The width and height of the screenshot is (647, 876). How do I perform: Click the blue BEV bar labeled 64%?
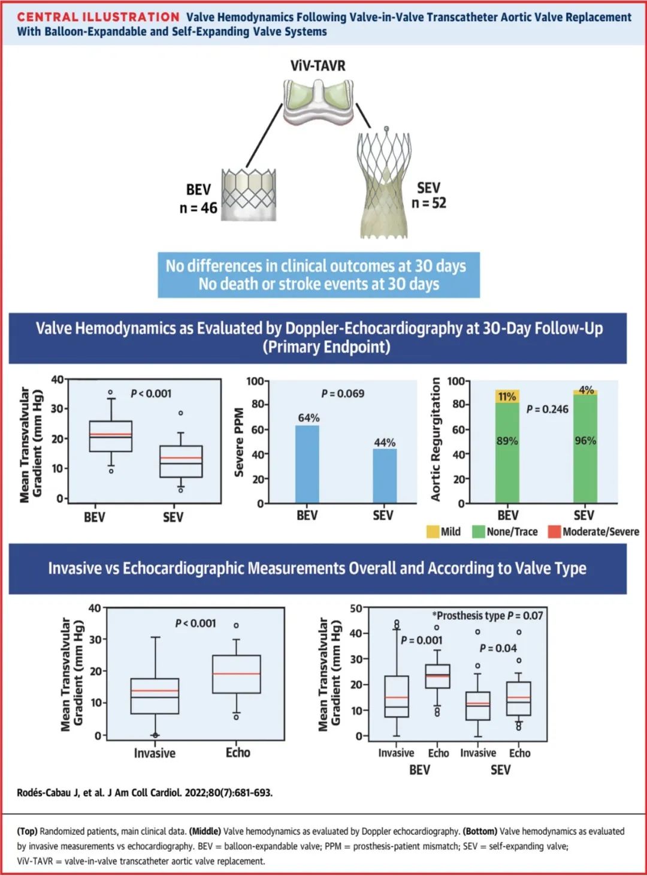[307, 463]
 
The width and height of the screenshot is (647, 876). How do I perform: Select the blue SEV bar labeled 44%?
[385, 475]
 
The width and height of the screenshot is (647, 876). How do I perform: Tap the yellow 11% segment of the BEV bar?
[507, 396]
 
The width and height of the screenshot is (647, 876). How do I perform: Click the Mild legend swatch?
[433, 532]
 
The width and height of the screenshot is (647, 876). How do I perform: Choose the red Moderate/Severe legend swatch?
[554, 532]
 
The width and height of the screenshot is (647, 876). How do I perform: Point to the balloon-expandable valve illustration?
[249, 194]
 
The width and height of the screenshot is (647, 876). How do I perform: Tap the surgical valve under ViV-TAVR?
[318, 102]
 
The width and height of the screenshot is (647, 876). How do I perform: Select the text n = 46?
[198, 208]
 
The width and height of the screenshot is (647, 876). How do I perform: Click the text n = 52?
[429, 203]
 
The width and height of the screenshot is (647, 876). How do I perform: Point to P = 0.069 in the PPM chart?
[343, 393]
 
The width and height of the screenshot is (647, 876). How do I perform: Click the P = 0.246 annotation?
[548, 409]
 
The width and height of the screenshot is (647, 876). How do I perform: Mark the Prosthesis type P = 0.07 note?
[488, 616]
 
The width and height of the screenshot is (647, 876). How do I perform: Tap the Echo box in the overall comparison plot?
[237, 674]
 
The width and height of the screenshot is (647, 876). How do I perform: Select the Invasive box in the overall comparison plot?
[155, 696]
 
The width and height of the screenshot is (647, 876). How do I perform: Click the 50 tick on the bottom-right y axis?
[356, 609]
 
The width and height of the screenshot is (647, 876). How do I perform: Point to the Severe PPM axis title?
[239, 442]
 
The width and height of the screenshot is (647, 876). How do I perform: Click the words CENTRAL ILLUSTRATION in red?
[98, 17]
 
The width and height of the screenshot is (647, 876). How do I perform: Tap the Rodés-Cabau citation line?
[145, 793]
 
